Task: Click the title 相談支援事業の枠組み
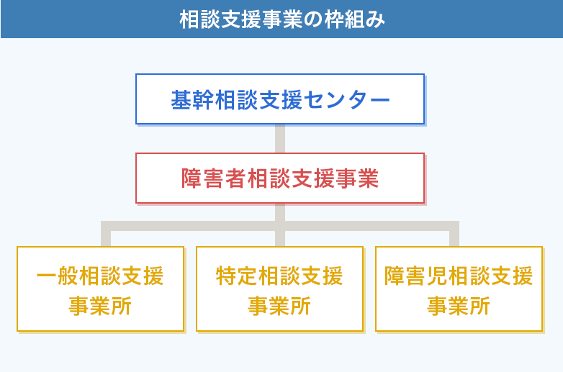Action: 282,19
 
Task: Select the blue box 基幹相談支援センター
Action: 280,99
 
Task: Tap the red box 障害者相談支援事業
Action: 280,178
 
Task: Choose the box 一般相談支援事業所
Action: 101,289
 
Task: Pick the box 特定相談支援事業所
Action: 280,289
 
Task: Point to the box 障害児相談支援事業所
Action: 459,289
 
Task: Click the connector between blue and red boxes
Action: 280,139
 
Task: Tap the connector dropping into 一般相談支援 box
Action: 106,234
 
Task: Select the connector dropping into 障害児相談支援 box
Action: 454,234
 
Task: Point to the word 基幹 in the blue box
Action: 192,100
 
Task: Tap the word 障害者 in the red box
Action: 214,178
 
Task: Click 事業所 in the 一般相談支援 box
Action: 100,306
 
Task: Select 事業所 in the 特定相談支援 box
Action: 279,306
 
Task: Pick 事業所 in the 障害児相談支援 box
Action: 459,306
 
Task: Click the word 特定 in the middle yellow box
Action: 237,276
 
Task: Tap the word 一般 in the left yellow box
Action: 58,276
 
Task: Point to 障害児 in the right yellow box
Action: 416,276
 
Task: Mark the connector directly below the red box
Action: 280,212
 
